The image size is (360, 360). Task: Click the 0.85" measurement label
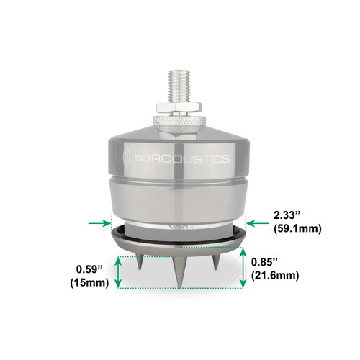coord(266,264)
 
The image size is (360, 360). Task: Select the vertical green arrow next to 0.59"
coord(118,272)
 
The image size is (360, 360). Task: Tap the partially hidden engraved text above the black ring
coord(176,225)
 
